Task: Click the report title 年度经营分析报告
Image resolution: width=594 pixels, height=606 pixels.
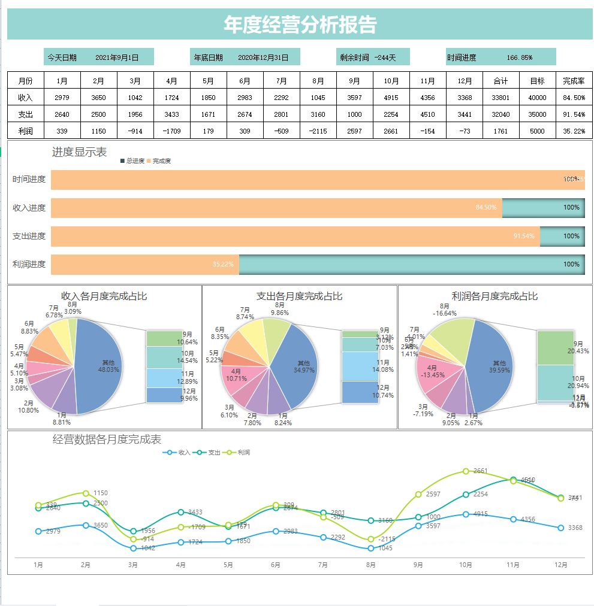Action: (300, 25)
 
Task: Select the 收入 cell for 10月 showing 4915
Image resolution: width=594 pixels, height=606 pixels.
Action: (391, 98)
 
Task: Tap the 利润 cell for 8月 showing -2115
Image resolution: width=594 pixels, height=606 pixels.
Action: (318, 131)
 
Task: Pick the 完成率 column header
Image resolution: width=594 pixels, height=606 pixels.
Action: (574, 81)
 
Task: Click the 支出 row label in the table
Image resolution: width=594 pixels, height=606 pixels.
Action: (25, 114)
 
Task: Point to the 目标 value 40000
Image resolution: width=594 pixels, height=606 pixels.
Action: (537, 98)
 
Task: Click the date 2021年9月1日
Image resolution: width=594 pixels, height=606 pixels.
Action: (117, 57)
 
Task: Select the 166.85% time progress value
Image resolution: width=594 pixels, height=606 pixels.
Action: (519, 57)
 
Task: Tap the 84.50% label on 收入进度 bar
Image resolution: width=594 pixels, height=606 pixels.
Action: (486, 207)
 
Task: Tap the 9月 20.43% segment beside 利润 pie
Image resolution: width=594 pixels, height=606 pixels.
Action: (555, 347)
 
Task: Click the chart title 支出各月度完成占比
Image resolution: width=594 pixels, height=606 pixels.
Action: (299, 296)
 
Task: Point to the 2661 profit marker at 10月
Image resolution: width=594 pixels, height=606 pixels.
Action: (466, 471)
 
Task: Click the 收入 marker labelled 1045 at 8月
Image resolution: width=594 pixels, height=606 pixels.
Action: (371, 548)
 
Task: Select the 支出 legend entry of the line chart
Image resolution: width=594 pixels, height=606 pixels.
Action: (210, 452)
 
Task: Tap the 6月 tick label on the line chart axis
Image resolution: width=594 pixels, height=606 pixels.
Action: (276, 564)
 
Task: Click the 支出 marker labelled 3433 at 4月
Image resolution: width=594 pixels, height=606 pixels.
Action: (181, 512)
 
